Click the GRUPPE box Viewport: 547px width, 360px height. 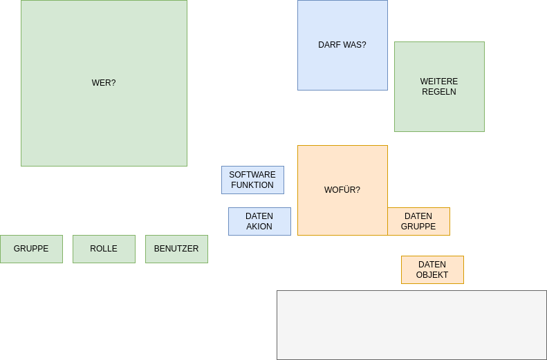coord(31,249)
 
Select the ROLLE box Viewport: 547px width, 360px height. coord(104,249)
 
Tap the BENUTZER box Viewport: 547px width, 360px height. coord(176,249)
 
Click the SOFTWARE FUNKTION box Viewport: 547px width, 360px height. coord(252,180)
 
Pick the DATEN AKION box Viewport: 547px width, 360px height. coord(259,221)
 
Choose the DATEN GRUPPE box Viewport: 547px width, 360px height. coord(418,221)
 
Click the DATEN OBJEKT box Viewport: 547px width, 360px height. coord(432,269)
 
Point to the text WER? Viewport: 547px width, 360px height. coord(104,83)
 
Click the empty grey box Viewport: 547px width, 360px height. coord(411,325)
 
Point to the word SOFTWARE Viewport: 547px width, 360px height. coord(252,175)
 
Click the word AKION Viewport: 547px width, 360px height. coord(259,227)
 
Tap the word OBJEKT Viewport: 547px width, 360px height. coord(432,275)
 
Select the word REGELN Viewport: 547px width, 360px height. coord(439,92)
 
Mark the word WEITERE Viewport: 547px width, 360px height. coord(439,82)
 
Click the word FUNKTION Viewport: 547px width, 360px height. coord(252,185)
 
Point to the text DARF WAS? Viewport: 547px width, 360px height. coord(342,45)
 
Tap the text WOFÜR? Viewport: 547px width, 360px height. coord(342,190)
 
